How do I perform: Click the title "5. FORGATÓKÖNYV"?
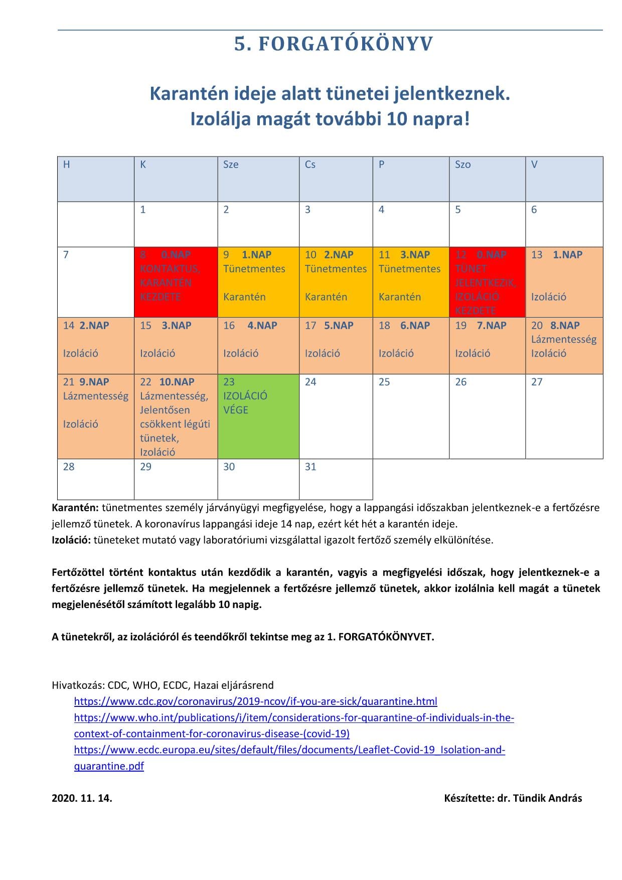(334, 45)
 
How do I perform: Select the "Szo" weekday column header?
(487, 179)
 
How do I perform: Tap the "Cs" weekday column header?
(336, 179)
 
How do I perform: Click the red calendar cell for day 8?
(176, 281)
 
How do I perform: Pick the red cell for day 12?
(487, 281)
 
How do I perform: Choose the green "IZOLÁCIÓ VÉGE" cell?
(258, 416)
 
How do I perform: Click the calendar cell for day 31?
(336, 479)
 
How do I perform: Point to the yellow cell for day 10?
(336, 281)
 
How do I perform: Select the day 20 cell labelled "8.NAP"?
(564, 345)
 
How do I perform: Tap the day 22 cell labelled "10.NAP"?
(176, 416)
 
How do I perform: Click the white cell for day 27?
(564, 416)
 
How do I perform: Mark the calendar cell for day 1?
(176, 224)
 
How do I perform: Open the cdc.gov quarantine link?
(255, 701)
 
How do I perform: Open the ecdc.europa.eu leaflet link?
(289, 750)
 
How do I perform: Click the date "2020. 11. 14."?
(82, 798)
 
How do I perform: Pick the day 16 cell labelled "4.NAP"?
(258, 345)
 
